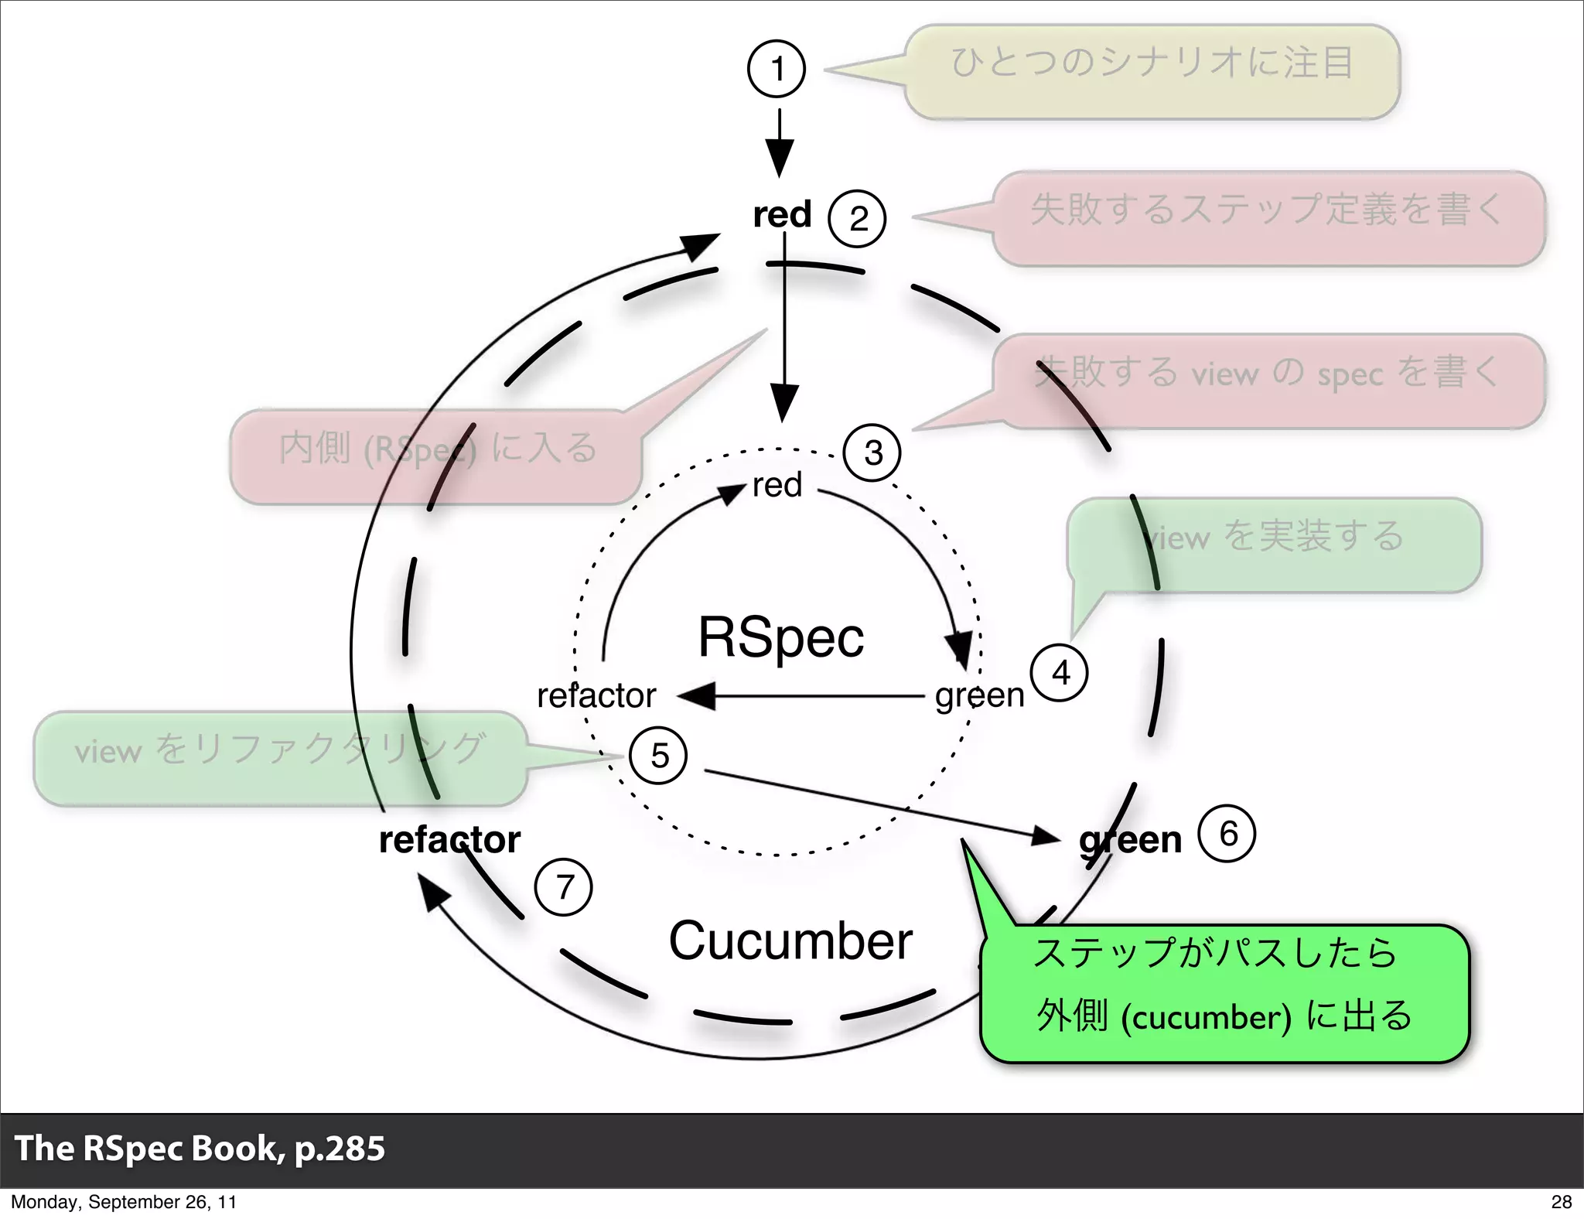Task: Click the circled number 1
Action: pyautogui.click(x=777, y=69)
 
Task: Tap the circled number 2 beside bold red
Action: pyautogui.click(x=857, y=219)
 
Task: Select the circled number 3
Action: pyautogui.click(x=872, y=453)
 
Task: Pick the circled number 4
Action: pyautogui.click(x=1060, y=673)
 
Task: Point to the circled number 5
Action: pyautogui.click(x=659, y=756)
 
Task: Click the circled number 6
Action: pyautogui.click(x=1227, y=834)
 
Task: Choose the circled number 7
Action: pyautogui.click(x=564, y=887)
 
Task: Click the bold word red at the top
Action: pyautogui.click(x=782, y=214)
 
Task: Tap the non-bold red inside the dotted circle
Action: pyautogui.click(x=777, y=486)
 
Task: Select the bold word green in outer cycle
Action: pyautogui.click(x=1130, y=840)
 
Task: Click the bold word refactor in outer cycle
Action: pyautogui.click(x=449, y=840)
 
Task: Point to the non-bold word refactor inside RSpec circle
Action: pyautogui.click(x=596, y=695)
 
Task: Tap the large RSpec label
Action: pyautogui.click(x=780, y=637)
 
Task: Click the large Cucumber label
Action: pyautogui.click(x=790, y=941)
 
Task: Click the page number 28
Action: pyautogui.click(x=1561, y=1201)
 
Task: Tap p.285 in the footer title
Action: pyautogui.click(x=340, y=1148)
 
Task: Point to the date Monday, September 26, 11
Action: pyautogui.click(x=124, y=1202)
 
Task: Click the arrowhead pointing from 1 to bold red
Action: pyautogui.click(x=780, y=160)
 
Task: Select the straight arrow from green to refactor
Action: pyautogui.click(x=804, y=697)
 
